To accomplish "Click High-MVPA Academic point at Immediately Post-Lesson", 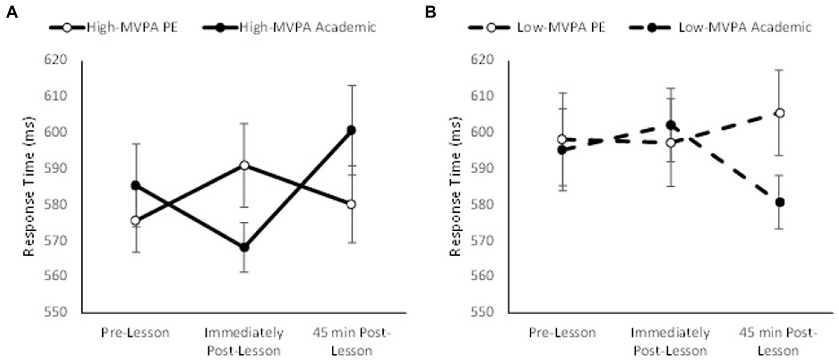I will point(244,247).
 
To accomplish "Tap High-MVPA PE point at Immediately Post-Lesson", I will point(244,165).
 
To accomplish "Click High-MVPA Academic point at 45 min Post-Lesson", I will point(351,130).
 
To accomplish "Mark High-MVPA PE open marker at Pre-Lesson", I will point(136,221).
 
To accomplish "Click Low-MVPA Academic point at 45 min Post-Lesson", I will point(780,202).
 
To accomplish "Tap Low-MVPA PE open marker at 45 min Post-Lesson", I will point(780,113).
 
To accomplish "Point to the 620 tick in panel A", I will point(63,60).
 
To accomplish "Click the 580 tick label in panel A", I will point(63,205).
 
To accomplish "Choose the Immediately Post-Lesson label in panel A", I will point(244,340).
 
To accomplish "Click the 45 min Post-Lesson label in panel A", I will point(351,340).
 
